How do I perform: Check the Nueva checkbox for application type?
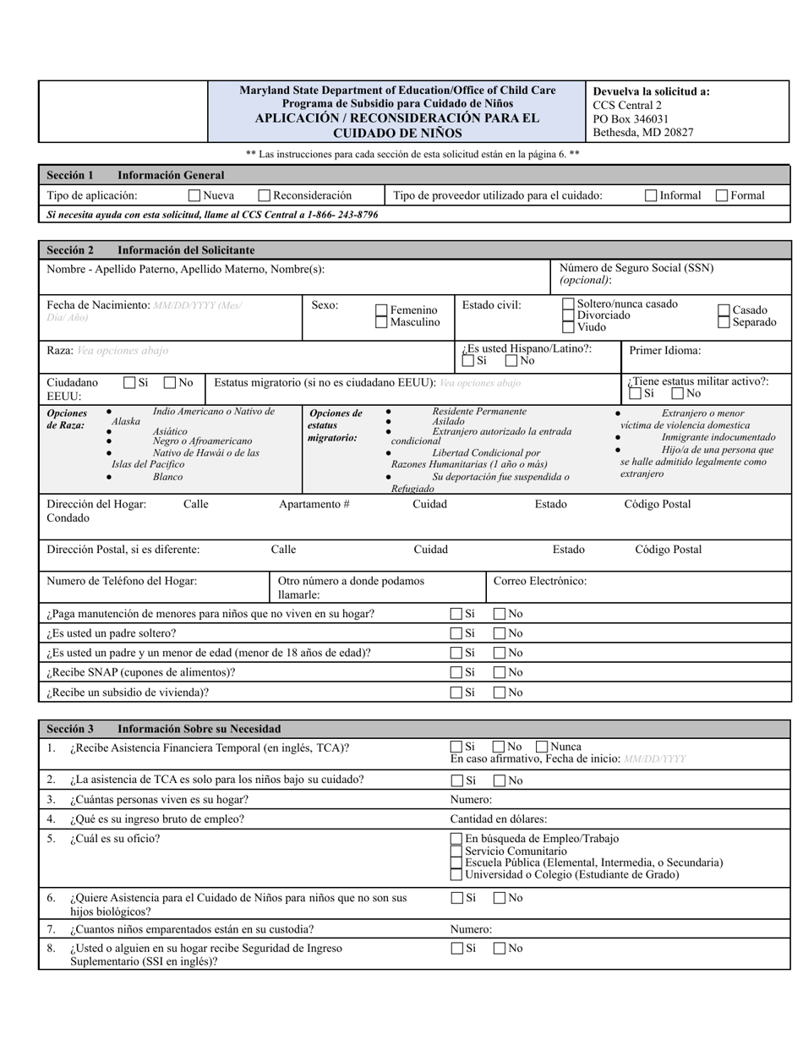pos(194,195)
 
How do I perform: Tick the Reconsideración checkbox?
pos(264,195)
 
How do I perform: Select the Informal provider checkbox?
pos(651,195)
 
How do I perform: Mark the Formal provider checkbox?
pos(722,195)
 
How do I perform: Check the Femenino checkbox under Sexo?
pos(381,310)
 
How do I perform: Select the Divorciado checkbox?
pos(568,315)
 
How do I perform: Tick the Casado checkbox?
pos(724,310)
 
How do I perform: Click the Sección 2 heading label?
pos(70,250)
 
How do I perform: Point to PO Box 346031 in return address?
pos(631,119)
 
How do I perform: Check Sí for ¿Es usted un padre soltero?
pos(456,633)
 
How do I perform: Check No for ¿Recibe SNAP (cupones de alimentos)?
pos(500,672)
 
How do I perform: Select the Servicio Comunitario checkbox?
pos(456,851)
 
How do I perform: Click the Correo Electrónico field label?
pos(540,581)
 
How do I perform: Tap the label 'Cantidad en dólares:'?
pos(498,818)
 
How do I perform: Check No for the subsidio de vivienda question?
pos(500,692)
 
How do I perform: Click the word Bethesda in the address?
pos(617,133)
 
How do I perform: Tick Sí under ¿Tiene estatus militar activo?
pos(636,393)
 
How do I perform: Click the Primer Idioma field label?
pos(664,350)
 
